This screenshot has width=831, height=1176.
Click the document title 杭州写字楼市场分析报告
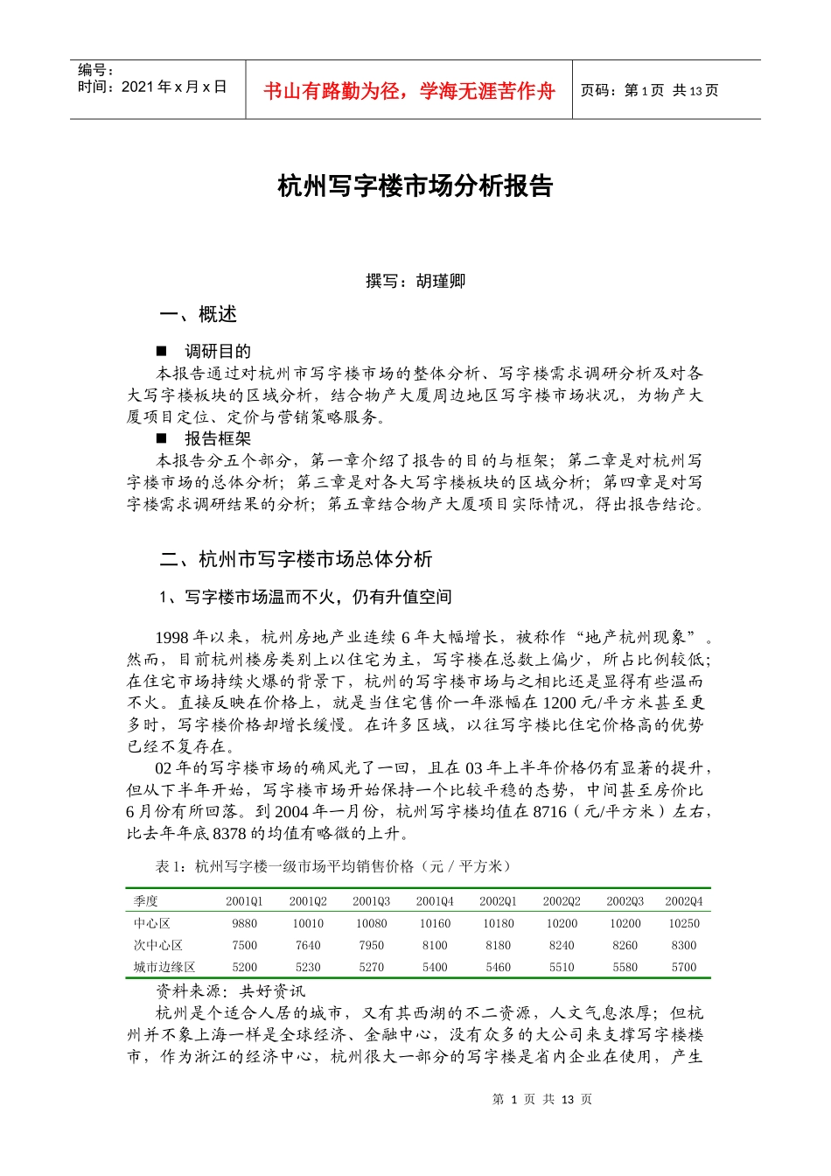click(415, 186)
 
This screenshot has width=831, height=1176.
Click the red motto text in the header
click(409, 91)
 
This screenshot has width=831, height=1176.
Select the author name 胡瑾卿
click(441, 281)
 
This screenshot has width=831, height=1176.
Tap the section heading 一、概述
click(199, 314)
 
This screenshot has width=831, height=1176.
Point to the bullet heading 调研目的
click(218, 351)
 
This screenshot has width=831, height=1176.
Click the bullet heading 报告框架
click(218, 438)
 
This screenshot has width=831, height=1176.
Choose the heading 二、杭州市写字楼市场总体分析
click(296, 559)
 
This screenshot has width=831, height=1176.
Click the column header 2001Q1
click(244, 901)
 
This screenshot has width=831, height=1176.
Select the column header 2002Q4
click(684, 901)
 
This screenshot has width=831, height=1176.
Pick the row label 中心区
click(152, 923)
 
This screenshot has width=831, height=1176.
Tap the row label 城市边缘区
click(164, 967)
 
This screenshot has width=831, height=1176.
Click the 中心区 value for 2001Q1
click(245, 923)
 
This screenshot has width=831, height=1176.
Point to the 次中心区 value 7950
click(372, 945)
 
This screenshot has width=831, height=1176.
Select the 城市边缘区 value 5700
click(684, 967)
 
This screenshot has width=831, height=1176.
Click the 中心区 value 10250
click(684, 923)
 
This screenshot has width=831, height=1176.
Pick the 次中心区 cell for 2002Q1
click(499, 945)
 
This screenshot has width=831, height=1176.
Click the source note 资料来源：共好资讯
click(231, 990)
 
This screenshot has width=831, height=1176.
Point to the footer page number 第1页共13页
click(542, 1099)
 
